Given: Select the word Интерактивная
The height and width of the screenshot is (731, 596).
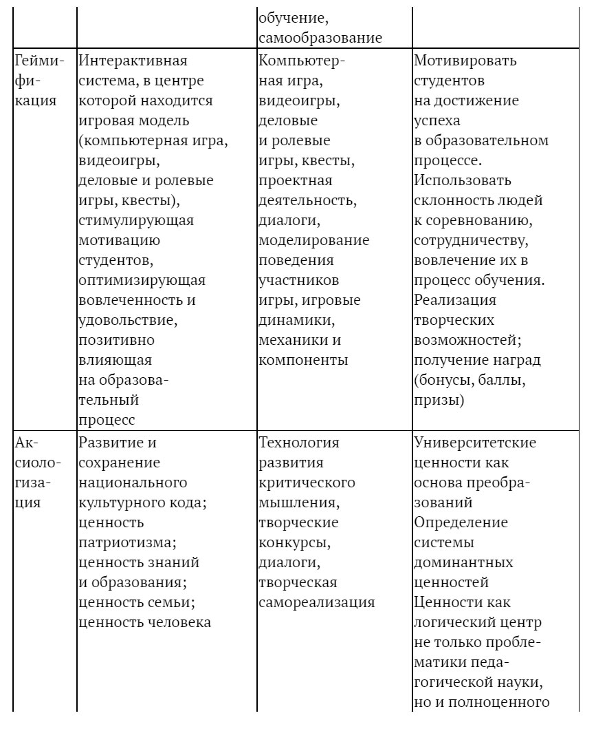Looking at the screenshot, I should (x=133, y=61).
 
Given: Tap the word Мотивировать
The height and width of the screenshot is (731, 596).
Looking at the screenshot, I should (x=465, y=61).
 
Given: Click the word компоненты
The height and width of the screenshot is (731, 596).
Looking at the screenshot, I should (x=303, y=360).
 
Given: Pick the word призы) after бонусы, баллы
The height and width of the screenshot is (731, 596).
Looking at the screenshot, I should (x=439, y=400).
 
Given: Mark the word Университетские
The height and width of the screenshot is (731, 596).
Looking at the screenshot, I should (x=475, y=442).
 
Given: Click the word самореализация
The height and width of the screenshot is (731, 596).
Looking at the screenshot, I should (x=317, y=602).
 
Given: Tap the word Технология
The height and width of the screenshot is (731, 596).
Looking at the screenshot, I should (x=299, y=442).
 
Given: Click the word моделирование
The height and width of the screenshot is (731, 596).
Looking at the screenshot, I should (x=313, y=240).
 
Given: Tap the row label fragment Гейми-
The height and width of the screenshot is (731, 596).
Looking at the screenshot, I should (x=39, y=61).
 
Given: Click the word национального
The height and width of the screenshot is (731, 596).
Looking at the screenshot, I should (x=133, y=482).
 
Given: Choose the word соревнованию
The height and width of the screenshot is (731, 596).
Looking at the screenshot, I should (x=476, y=220).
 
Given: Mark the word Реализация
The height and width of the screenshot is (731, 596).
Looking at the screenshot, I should (x=455, y=300).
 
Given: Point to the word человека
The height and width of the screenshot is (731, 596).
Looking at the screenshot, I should (x=176, y=622).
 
